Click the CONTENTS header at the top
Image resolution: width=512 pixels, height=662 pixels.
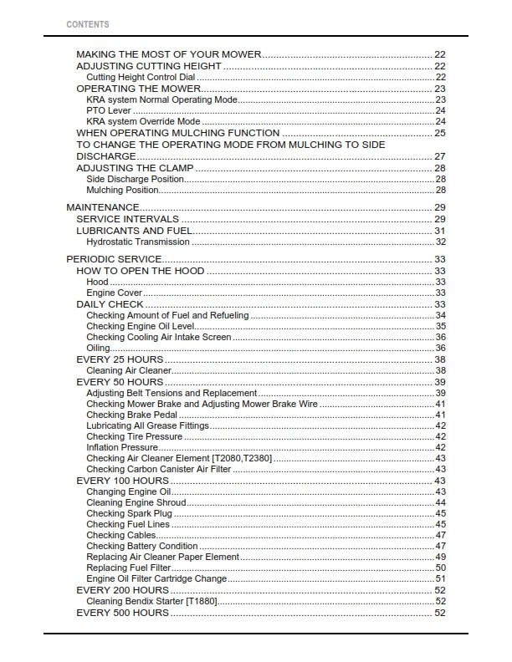click(x=87, y=24)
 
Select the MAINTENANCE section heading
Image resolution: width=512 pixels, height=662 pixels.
click(x=102, y=207)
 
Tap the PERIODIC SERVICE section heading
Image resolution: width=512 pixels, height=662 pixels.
click(x=114, y=259)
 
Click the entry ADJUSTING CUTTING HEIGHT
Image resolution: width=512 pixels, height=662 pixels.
click(x=149, y=66)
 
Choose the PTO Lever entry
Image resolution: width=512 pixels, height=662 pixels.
click(x=109, y=110)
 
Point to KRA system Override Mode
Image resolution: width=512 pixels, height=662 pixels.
click(x=143, y=121)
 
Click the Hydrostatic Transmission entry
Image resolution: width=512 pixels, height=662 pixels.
click(x=138, y=242)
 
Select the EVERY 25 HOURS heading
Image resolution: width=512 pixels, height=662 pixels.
click(x=120, y=359)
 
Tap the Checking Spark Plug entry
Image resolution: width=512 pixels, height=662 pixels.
click(x=129, y=513)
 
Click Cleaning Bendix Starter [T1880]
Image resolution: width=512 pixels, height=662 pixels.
click(x=151, y=601)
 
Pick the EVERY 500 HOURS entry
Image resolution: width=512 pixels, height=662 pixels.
click(x=122, y=613)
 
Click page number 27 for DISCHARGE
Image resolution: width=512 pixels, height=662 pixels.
click(x=439, y=156)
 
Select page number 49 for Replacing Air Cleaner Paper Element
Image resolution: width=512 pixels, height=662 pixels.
click(x=440, y=557)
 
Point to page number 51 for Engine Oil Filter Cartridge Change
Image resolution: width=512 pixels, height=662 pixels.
click(x=440, y=578)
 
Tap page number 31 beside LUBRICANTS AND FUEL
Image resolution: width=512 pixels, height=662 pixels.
click(x=439, y=231)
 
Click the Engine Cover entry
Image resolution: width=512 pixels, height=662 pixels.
click(x=114, y=293)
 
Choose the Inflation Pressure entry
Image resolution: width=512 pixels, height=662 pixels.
click(x=122, y=447)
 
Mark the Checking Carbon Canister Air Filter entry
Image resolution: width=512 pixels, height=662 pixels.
click(x=159, y=470)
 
